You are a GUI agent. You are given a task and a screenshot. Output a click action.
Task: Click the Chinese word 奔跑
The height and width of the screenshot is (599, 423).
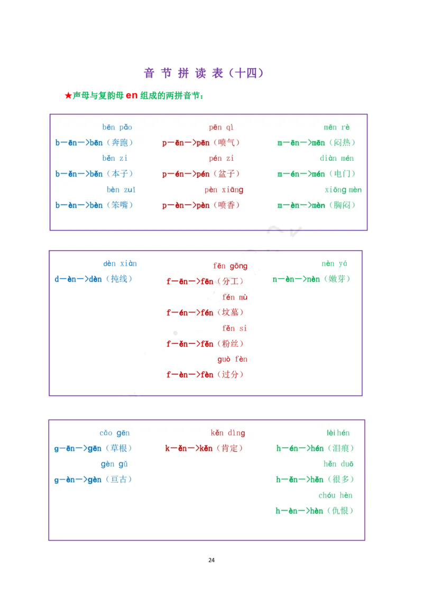click(119, 143)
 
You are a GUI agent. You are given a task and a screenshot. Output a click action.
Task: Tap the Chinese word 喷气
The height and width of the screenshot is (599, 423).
click(226, 143)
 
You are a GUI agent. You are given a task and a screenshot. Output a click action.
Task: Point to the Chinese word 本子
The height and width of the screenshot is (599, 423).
click(119, 174)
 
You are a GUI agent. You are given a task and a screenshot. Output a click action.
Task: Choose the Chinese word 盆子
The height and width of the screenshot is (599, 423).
click(226, 174)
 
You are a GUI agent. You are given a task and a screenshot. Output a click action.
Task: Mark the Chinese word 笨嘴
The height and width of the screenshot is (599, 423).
click(119, 205)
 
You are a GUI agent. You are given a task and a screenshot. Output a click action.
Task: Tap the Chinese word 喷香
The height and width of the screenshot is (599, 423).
click(226, 205)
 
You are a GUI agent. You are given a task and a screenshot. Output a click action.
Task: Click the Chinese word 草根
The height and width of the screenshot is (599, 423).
click(118, 449)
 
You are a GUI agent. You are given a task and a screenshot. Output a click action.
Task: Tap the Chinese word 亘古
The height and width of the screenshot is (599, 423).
click(118, 480)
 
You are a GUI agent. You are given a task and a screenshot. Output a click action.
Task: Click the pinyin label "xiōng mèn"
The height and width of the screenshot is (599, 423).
click(343, 190)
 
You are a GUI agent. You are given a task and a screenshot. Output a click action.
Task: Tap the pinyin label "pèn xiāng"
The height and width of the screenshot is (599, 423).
click(224, 190)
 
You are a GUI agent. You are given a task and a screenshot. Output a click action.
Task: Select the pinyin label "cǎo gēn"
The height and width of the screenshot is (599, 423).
click(115, 433)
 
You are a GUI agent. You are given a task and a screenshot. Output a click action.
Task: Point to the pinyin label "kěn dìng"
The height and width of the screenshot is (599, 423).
click(228, 433)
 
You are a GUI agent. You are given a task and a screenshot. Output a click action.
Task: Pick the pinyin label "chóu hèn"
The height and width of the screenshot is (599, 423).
click(335, 496)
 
